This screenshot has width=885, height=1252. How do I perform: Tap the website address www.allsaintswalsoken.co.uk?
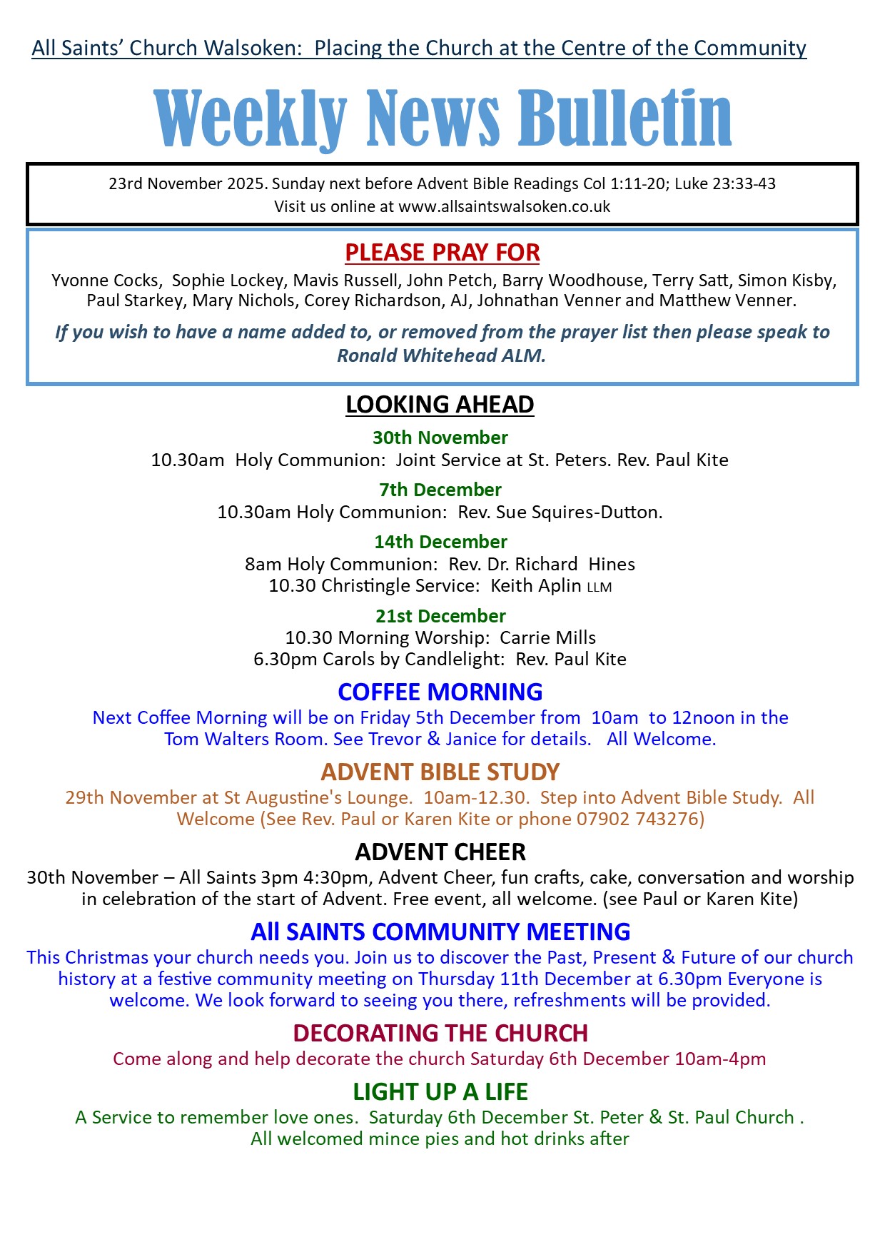504,207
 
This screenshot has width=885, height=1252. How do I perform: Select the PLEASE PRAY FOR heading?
442,253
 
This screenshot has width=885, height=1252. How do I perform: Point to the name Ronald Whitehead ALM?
441,355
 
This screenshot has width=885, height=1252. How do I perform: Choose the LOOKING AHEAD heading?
440,405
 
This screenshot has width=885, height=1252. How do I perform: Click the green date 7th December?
440,490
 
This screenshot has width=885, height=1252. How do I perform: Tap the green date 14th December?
440,542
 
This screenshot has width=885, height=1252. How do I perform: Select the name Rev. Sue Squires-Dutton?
560,513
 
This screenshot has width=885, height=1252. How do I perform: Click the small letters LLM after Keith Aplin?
600,587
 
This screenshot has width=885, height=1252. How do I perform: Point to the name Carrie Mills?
547,637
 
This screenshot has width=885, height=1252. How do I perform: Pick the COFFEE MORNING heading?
440,692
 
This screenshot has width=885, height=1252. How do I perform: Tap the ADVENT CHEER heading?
440,852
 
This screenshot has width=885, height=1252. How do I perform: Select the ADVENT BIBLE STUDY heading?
440,772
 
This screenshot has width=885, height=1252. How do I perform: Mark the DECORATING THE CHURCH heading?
440,1034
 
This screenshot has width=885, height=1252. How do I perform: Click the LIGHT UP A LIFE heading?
440,1092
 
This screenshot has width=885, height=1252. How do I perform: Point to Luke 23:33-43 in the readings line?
724,184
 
